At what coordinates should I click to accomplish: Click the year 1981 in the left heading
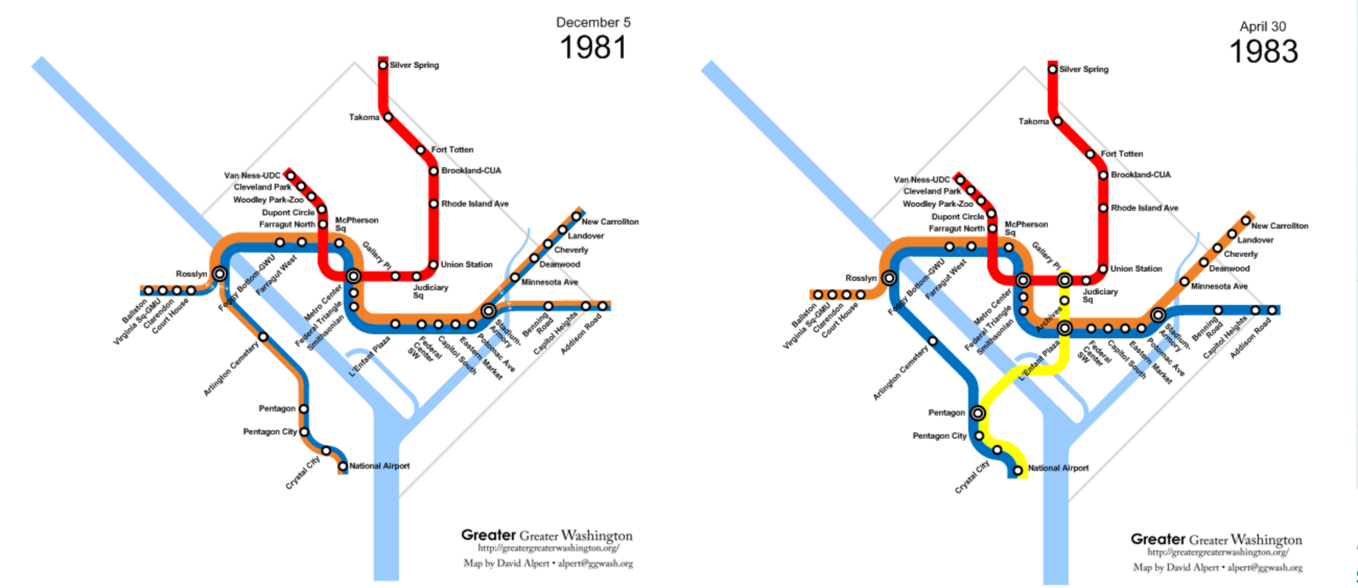593,48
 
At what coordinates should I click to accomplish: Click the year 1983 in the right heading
1263,52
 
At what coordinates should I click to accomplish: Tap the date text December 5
593,22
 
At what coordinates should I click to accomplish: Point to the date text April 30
1262,26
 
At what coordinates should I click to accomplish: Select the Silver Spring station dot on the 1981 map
383,65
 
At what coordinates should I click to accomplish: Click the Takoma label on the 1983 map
1033,122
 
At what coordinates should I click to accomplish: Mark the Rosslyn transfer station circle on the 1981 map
220,274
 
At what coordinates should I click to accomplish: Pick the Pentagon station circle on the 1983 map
978,413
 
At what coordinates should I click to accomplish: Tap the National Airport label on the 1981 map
379,466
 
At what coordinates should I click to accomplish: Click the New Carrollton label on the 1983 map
1280,226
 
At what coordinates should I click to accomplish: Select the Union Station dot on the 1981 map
434,264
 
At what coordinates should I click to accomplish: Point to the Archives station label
1049,318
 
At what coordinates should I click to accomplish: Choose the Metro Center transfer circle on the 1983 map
1023,280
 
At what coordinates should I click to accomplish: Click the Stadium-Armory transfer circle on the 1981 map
489,311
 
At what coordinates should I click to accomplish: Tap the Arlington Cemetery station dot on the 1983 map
932,342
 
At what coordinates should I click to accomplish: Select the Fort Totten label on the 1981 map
452,150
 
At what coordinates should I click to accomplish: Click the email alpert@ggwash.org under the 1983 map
1265,568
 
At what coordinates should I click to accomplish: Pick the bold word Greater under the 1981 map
488,535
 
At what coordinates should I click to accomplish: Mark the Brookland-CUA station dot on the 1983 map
1103,175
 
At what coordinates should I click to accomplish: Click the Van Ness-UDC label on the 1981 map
252,175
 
